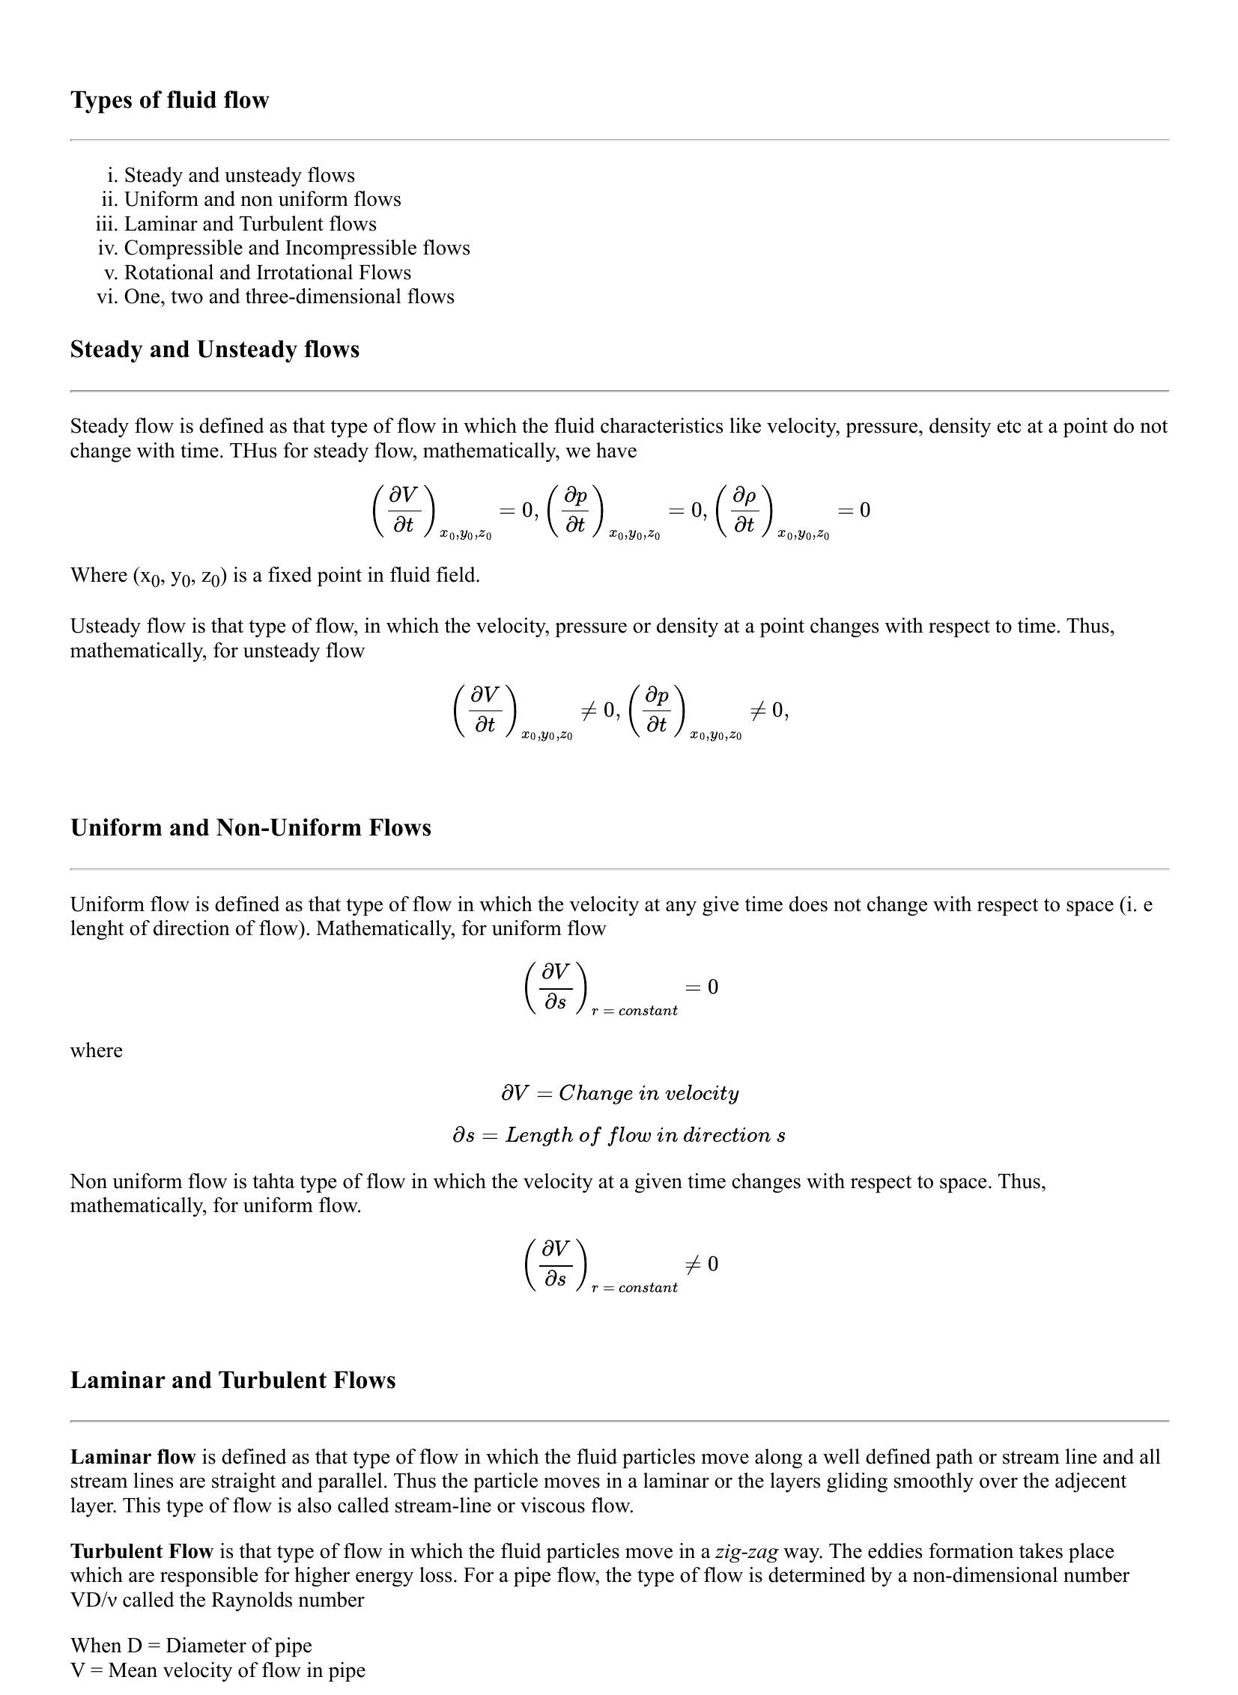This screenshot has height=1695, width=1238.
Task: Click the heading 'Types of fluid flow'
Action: coord(169,100)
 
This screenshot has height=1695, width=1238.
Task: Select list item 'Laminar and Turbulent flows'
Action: coord(250,224)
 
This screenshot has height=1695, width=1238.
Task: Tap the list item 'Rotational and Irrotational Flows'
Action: coord(267,273)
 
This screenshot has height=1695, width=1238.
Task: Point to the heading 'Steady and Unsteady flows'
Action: coord(214,350)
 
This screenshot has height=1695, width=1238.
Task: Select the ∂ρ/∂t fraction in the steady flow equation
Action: coord(744,510)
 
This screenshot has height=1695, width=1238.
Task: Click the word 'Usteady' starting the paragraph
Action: coord(101,626)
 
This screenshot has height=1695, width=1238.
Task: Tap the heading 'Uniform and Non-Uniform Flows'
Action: coord(250,827)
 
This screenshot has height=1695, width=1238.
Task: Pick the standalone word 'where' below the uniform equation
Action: coord(96,1050)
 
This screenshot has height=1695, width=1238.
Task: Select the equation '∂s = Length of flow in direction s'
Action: coord(619,1135)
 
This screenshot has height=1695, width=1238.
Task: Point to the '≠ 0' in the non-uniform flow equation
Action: coord(702,1265)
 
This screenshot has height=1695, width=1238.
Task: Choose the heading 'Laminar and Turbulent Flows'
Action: coord(232,1380)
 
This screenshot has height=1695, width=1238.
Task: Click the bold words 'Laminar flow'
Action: coord(133,1457)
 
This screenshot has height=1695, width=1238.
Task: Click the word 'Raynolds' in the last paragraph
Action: coord(249,1600)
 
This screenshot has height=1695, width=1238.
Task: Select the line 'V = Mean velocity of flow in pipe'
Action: coord(217,1670)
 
